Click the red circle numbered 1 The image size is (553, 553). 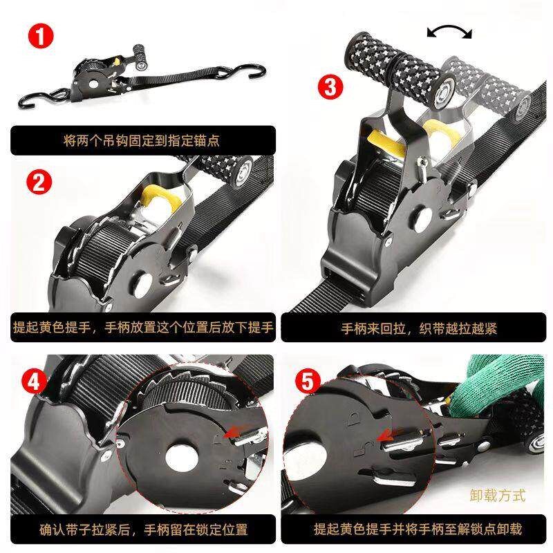(x=41, y=36)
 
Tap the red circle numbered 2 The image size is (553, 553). (x=39, y=182)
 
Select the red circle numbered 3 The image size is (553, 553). (x=330, y=87)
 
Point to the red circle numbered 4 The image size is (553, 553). (x=34, y=382)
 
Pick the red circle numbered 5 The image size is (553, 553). (x=308, y=382)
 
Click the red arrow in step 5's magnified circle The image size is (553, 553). (x=389, y=435)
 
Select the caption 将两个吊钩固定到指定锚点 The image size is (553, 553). (x=142, y=140)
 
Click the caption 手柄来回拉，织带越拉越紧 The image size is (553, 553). (x=419, y=328)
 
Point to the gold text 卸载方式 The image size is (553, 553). (x=498, y=495)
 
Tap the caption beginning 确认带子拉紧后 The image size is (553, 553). (x=144, y=529)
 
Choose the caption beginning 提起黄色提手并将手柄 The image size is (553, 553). (x=418, y=529)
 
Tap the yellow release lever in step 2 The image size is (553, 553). (x=160, y=198)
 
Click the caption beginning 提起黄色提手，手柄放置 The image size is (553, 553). (x=143, y=327)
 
